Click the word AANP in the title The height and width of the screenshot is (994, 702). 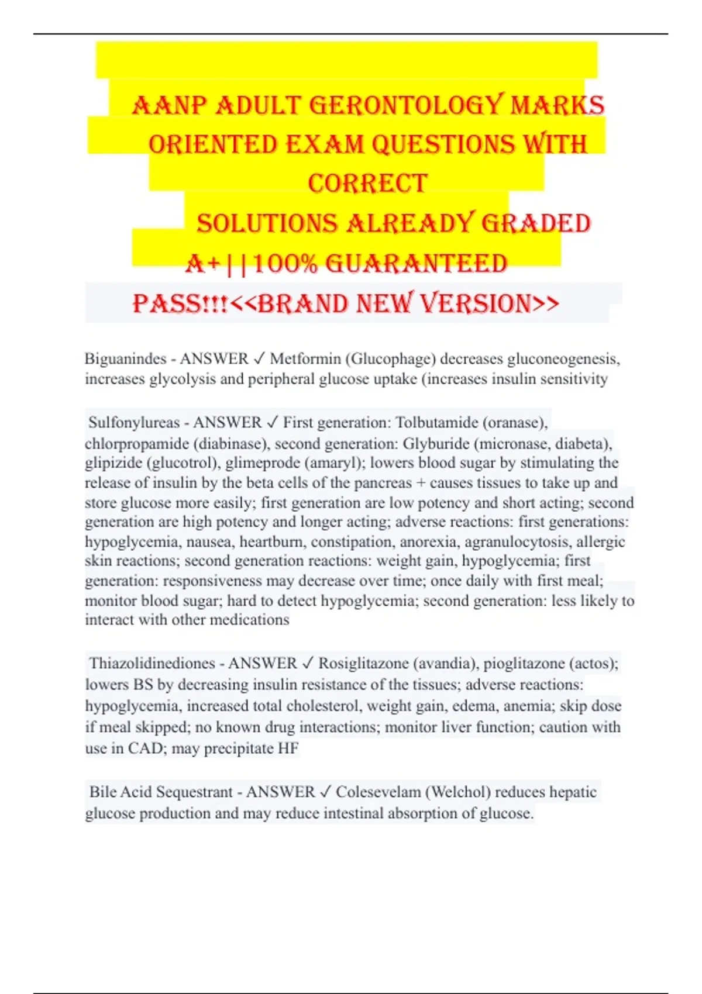pos(170,105)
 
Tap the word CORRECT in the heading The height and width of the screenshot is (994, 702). pos(367,184)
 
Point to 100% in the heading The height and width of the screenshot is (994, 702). pos(286,264)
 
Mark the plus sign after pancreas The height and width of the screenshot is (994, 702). pos(421,483)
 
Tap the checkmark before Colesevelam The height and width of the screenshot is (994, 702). pos(325,792)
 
